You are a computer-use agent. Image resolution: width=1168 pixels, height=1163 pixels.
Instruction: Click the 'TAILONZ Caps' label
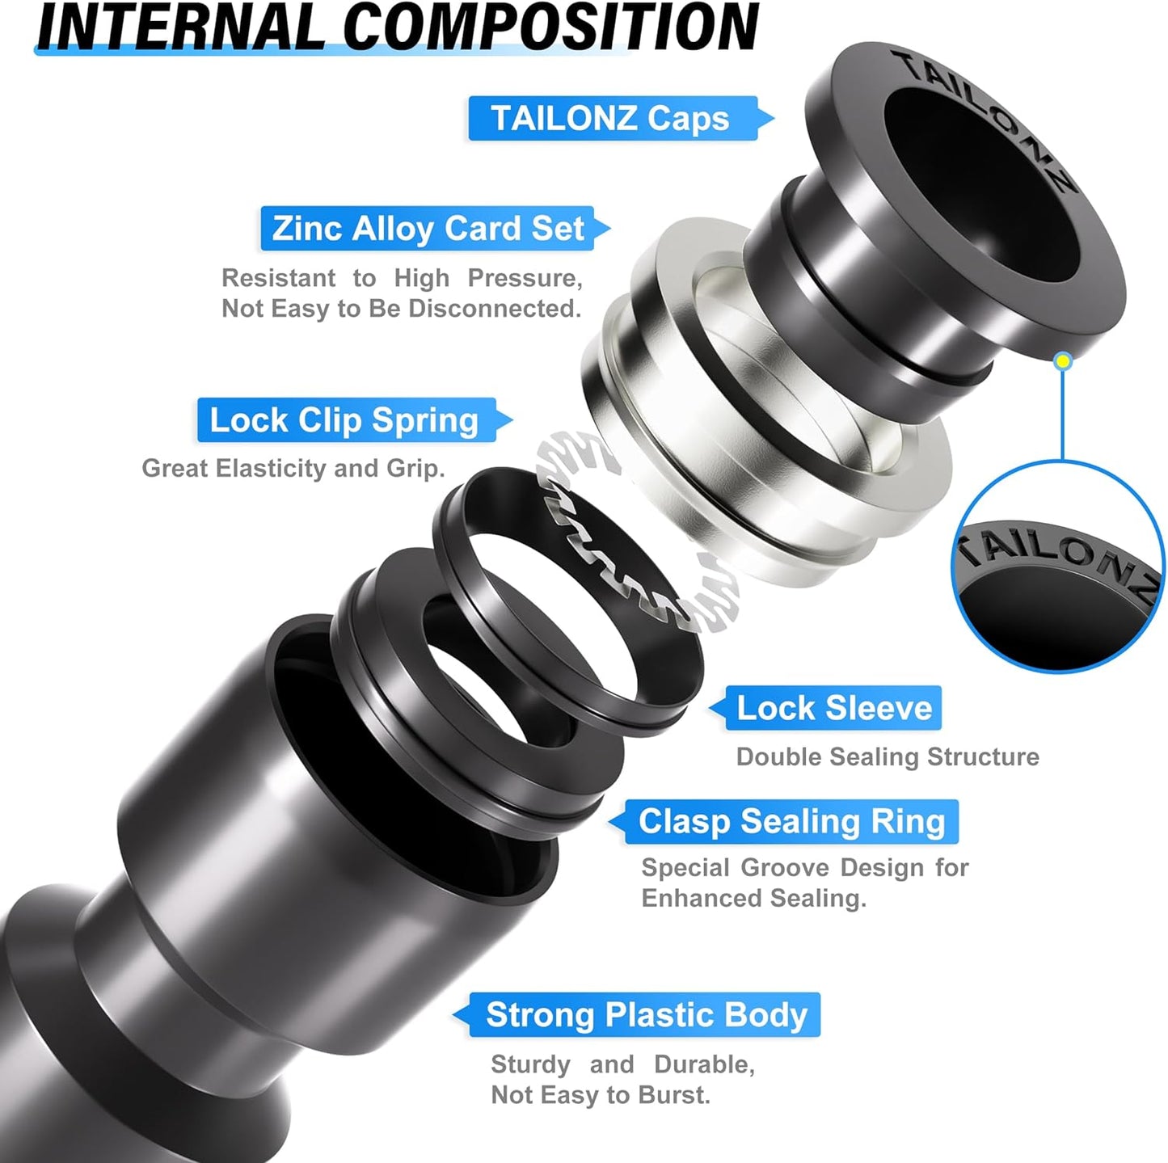point(611,118)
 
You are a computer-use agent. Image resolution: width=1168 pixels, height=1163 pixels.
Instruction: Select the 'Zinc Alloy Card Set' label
point(428,229)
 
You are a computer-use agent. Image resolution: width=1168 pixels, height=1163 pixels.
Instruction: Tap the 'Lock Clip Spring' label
point(344,420)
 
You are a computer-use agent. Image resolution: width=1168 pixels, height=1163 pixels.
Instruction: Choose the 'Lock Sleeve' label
point(833,708)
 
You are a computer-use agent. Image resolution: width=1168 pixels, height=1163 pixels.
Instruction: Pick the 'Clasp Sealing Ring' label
point(791,822)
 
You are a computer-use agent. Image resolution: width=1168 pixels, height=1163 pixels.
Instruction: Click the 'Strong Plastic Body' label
point(646,1015)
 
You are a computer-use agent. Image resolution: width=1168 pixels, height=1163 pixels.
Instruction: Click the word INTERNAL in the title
point(181,29)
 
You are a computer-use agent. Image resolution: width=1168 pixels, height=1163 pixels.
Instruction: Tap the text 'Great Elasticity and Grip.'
point(293,469)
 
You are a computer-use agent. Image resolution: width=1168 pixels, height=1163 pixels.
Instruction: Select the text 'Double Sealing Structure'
point(887,757)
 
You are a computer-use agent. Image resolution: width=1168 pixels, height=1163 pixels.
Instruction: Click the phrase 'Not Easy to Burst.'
point(600,1095)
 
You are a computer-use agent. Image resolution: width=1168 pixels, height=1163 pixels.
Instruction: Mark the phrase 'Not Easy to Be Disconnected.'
point(401,309)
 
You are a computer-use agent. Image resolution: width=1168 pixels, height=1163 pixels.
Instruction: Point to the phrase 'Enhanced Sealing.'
point(753,898)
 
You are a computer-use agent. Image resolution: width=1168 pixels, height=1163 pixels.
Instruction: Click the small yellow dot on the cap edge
point(1064,361)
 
